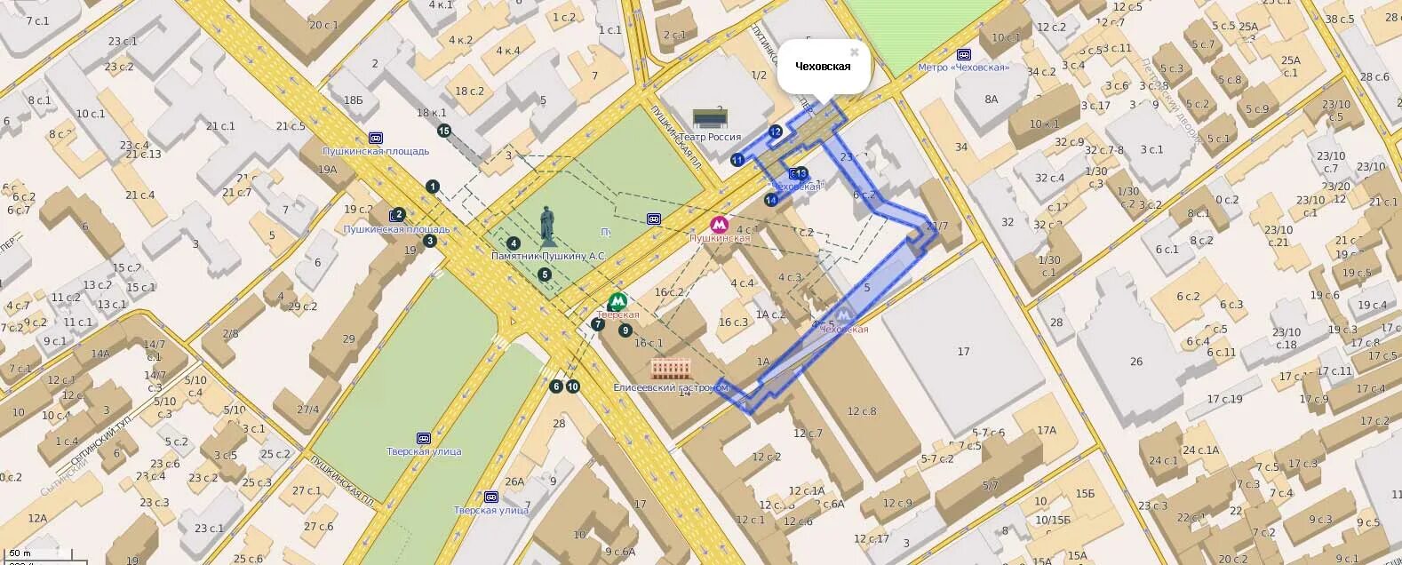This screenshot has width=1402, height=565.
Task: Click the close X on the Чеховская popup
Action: (x=855, y=52)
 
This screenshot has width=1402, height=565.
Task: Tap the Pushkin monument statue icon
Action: (x=548, y=227)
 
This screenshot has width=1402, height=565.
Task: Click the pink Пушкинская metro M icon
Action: (x=720, y=225)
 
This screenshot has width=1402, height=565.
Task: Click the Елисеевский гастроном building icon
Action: (x=671, y=368)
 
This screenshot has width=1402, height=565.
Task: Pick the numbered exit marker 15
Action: (x=444, y=131)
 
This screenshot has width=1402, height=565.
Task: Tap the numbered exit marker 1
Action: (x=432, y=187)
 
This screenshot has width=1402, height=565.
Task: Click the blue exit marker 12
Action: (x=775, y=131)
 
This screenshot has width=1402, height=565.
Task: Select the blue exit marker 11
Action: (x=737, y=160)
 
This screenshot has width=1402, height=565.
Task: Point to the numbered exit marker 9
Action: (x=625, y=330)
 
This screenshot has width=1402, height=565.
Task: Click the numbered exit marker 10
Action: (x=572, y=386)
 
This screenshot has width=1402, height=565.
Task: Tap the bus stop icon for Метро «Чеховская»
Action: (x=964, y=54)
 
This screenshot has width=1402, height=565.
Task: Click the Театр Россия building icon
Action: (x=710, y=119)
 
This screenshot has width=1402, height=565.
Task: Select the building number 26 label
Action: (x=1136, y=362)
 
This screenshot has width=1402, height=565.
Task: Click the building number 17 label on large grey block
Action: (x=963, y=352)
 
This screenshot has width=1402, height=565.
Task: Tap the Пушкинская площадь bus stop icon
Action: (x=376, y=138)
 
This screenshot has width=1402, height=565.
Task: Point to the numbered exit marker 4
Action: (x=513, y=243)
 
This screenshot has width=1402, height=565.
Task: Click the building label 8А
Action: (x=992, y=99)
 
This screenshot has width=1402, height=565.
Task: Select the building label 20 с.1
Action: (x=323, y=25)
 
